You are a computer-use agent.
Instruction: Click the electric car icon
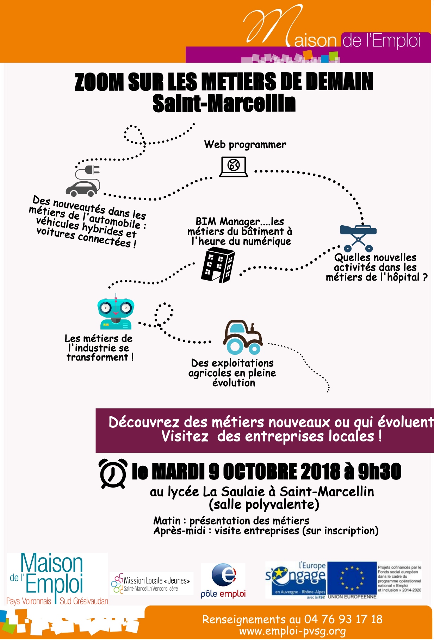83,180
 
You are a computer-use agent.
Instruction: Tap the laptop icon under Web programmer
234,167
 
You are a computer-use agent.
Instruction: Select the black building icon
218,265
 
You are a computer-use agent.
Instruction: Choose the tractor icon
243,337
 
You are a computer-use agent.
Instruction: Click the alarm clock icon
113,473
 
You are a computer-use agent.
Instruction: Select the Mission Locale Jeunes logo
151,583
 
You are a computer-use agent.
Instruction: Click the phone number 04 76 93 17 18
343,619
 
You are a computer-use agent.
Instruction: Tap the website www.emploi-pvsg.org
292,631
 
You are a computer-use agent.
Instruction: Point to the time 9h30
379,472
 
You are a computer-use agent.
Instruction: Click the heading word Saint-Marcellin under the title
224,103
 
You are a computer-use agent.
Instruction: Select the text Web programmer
245,145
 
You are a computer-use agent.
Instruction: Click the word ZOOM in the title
99,82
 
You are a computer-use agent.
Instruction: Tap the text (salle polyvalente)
264,504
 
